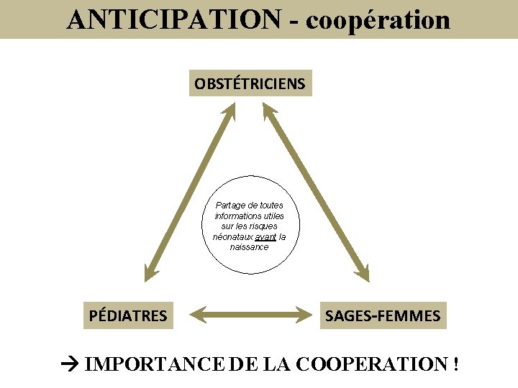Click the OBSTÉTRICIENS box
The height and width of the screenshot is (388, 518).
pos(250,83)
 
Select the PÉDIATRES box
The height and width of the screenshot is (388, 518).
pos(128,315)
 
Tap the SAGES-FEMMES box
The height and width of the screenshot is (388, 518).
pos(383,315)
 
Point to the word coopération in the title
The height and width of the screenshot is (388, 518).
pos(378,19)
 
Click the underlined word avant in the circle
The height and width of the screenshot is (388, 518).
pos(265,236)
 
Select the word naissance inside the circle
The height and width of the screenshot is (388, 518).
pos(249,246)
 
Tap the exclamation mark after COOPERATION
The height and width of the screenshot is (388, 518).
pos(456,364)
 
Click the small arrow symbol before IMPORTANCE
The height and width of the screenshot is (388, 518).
pos(71,364)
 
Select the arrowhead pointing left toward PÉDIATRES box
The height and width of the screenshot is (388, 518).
pos(183,314)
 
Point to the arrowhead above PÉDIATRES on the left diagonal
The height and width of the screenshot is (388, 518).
pos(151,272)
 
